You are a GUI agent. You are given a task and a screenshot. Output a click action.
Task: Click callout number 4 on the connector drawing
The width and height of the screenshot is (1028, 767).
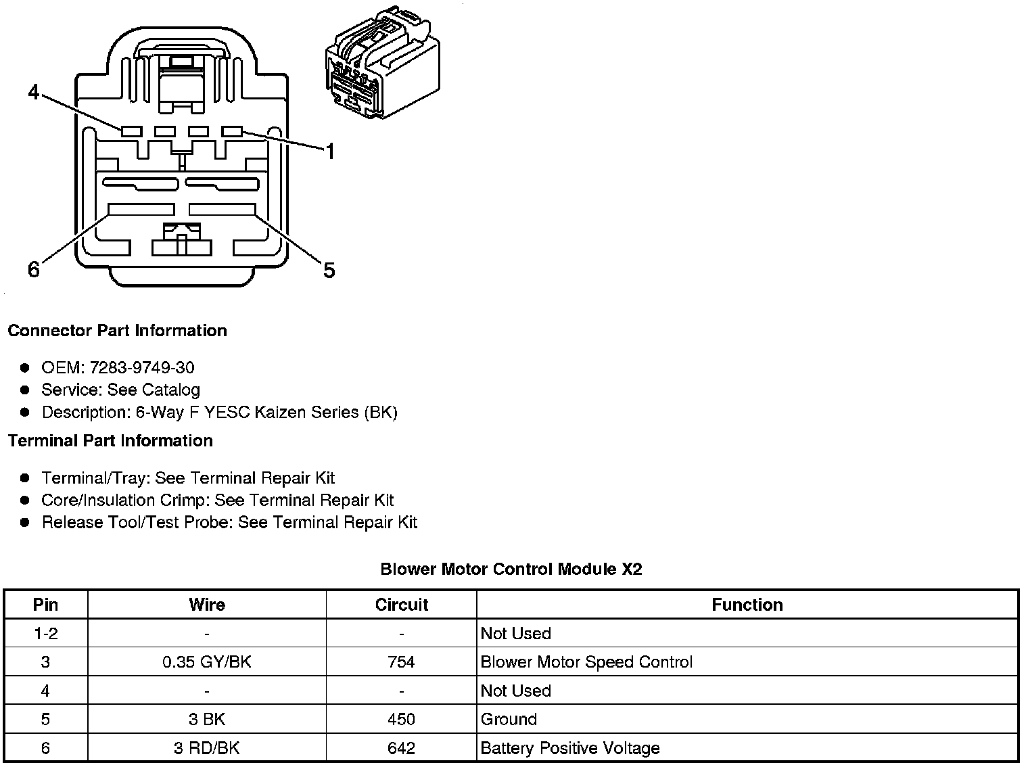coord(34,92)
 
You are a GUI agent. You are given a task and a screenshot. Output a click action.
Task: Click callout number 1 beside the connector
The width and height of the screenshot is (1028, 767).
coord(330,152)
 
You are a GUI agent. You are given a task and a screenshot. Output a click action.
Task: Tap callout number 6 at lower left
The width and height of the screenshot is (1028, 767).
coord(34,270)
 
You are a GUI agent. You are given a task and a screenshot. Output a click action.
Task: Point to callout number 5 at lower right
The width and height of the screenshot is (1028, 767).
coord(329,271)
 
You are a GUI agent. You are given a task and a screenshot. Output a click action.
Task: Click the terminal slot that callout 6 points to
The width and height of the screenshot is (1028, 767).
coord(141,210)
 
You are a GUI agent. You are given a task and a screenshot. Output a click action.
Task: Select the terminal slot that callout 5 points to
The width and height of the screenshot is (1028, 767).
coord(222,210)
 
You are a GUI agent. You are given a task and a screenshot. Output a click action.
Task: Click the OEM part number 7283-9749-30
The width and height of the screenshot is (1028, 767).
coord(141,367)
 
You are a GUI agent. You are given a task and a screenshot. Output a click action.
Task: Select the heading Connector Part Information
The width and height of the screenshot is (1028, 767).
coord(117,331)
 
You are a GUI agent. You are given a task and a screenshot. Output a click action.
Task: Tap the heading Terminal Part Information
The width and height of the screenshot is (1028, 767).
coord(110,441)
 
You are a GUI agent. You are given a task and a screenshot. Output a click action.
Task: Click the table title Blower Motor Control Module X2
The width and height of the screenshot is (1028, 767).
coord(511,569)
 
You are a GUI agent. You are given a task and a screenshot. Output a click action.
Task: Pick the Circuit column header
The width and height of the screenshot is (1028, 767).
coord(401,605)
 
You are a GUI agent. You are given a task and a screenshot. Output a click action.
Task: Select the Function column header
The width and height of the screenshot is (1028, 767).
coord(747,605)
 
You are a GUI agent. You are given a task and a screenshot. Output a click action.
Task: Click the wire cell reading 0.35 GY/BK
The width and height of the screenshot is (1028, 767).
coord(206,662)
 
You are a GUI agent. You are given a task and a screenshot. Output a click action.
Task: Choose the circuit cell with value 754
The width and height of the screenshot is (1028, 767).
coord(401,662)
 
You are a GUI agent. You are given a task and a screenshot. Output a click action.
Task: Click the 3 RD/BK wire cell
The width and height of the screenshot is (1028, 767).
coord(206,748)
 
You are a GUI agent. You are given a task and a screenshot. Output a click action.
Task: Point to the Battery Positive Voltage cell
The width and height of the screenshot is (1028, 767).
coord(569,748)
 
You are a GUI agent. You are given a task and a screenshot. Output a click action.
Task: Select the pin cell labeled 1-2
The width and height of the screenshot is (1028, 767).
coord(45,634)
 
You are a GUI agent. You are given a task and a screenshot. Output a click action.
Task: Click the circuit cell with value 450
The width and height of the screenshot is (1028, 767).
coord(401,720)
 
